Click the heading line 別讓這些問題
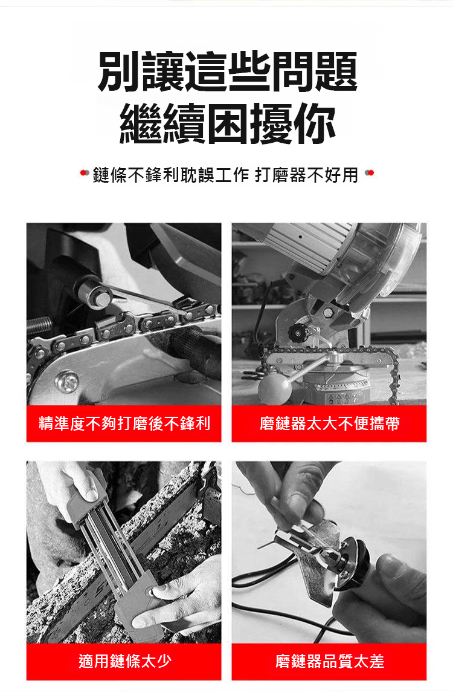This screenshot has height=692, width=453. pos(227,71)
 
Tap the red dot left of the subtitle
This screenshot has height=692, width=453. pos(84,173)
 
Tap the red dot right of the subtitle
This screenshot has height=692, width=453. pos(370,173)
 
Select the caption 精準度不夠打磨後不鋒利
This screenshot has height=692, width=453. pos(124,423)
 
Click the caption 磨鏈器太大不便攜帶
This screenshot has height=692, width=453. pos(330,423)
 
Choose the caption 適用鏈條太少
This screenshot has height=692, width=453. pos(124,661)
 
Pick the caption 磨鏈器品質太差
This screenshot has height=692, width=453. pos(330,661)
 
